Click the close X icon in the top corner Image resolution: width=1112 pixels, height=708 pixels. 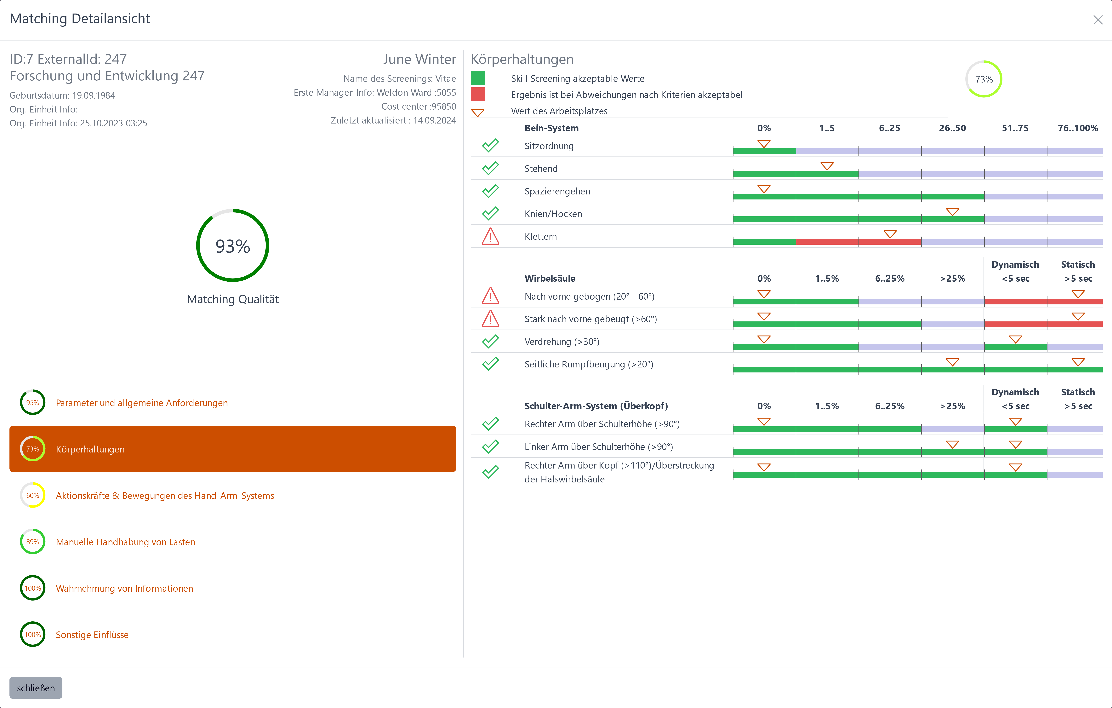click(x=1097, y=20)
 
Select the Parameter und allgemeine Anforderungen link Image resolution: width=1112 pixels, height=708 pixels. click(x=142, y=403)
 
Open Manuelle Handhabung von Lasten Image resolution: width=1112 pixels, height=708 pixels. click(x=125, y=542)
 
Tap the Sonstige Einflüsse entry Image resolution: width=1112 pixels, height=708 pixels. click(x=92, y=635)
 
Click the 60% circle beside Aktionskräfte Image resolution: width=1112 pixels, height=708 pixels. click(x=32, y=495)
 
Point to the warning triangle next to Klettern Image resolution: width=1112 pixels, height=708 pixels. click(x=490, y=236)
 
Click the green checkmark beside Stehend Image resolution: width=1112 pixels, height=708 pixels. click(x=490, y=168)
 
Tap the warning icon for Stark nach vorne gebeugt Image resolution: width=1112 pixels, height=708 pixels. click(x=490, y=319)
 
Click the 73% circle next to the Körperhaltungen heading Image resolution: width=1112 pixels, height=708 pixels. click(x=984, y=79)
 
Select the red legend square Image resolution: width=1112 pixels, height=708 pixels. click(x=477, y=94)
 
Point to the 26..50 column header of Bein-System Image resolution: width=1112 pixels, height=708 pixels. click(x=952, y=128)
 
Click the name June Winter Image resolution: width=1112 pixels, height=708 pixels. click(x=419, y=59)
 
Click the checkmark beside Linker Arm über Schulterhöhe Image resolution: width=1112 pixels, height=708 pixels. click(x=490, y=446)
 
